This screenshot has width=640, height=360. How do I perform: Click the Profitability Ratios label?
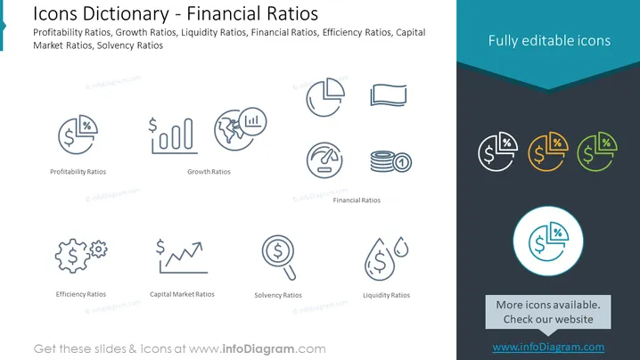coord(78,172)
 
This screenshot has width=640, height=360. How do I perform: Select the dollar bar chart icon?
coord(173,135)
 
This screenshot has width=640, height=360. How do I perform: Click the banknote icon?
coord(388,95)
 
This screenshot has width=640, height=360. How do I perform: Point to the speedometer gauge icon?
coord(324,160)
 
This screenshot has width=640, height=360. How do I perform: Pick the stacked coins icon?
coord(390,161)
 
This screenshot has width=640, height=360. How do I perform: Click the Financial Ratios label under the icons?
coord(357,200)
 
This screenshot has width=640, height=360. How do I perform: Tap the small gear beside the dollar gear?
coord(98,249)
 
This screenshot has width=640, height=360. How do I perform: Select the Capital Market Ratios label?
coord(182,294)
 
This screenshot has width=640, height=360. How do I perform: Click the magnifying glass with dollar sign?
coord(279,257)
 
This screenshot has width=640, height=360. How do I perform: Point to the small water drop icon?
coord(401,247)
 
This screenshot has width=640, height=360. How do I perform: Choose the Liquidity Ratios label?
coord(386,295)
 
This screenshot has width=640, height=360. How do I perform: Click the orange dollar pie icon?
coord(548,151)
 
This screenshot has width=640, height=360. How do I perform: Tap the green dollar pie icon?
coord(597,151)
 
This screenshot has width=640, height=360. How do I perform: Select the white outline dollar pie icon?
coord(498,151)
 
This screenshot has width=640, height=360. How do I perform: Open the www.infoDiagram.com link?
coord(548,347)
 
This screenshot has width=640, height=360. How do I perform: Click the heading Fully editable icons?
coord(549,40)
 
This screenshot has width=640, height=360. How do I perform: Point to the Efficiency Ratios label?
coord(81,294)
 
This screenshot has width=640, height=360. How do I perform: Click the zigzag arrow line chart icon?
coord(182,257)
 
